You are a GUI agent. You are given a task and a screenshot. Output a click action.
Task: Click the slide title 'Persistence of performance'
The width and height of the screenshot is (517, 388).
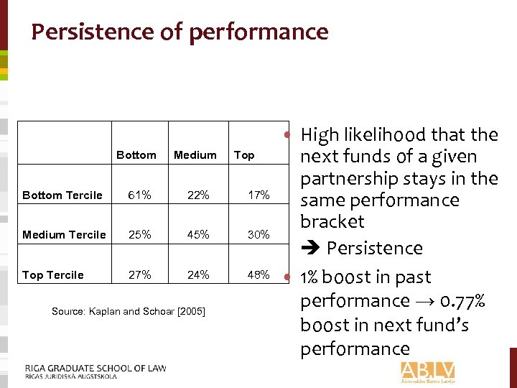tap(180, 32)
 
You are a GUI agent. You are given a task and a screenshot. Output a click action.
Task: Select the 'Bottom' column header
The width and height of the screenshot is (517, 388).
tap(136, 155)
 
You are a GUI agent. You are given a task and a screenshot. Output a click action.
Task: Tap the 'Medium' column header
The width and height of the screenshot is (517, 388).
tap(195, 155)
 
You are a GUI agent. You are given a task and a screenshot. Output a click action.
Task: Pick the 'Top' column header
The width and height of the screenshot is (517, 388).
tap(244, 155)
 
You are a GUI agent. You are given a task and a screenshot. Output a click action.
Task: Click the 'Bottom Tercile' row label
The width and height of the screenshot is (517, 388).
tap(62, 195)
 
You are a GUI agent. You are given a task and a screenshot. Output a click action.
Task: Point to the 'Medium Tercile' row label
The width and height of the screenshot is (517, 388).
tap(64, 235)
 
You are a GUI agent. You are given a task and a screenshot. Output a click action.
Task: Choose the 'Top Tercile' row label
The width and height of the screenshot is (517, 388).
tap(53, 275)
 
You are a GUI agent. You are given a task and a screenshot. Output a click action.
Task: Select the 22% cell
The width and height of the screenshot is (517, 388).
tap(198, 195)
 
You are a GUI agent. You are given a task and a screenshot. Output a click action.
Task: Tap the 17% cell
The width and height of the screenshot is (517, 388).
tap(258, 195)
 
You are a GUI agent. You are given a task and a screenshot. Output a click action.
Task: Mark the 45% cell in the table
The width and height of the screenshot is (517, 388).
tap(198, 235)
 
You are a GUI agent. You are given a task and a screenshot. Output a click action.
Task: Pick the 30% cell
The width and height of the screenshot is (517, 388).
tap(258, 235)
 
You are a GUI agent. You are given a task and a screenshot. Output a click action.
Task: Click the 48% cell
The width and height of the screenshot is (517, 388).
tap(258, 275)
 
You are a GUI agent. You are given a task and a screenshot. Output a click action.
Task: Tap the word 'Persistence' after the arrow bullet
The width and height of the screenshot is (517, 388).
tap(375, 249)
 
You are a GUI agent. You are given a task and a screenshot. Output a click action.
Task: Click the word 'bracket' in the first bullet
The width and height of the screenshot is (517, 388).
tap(332, 222)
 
